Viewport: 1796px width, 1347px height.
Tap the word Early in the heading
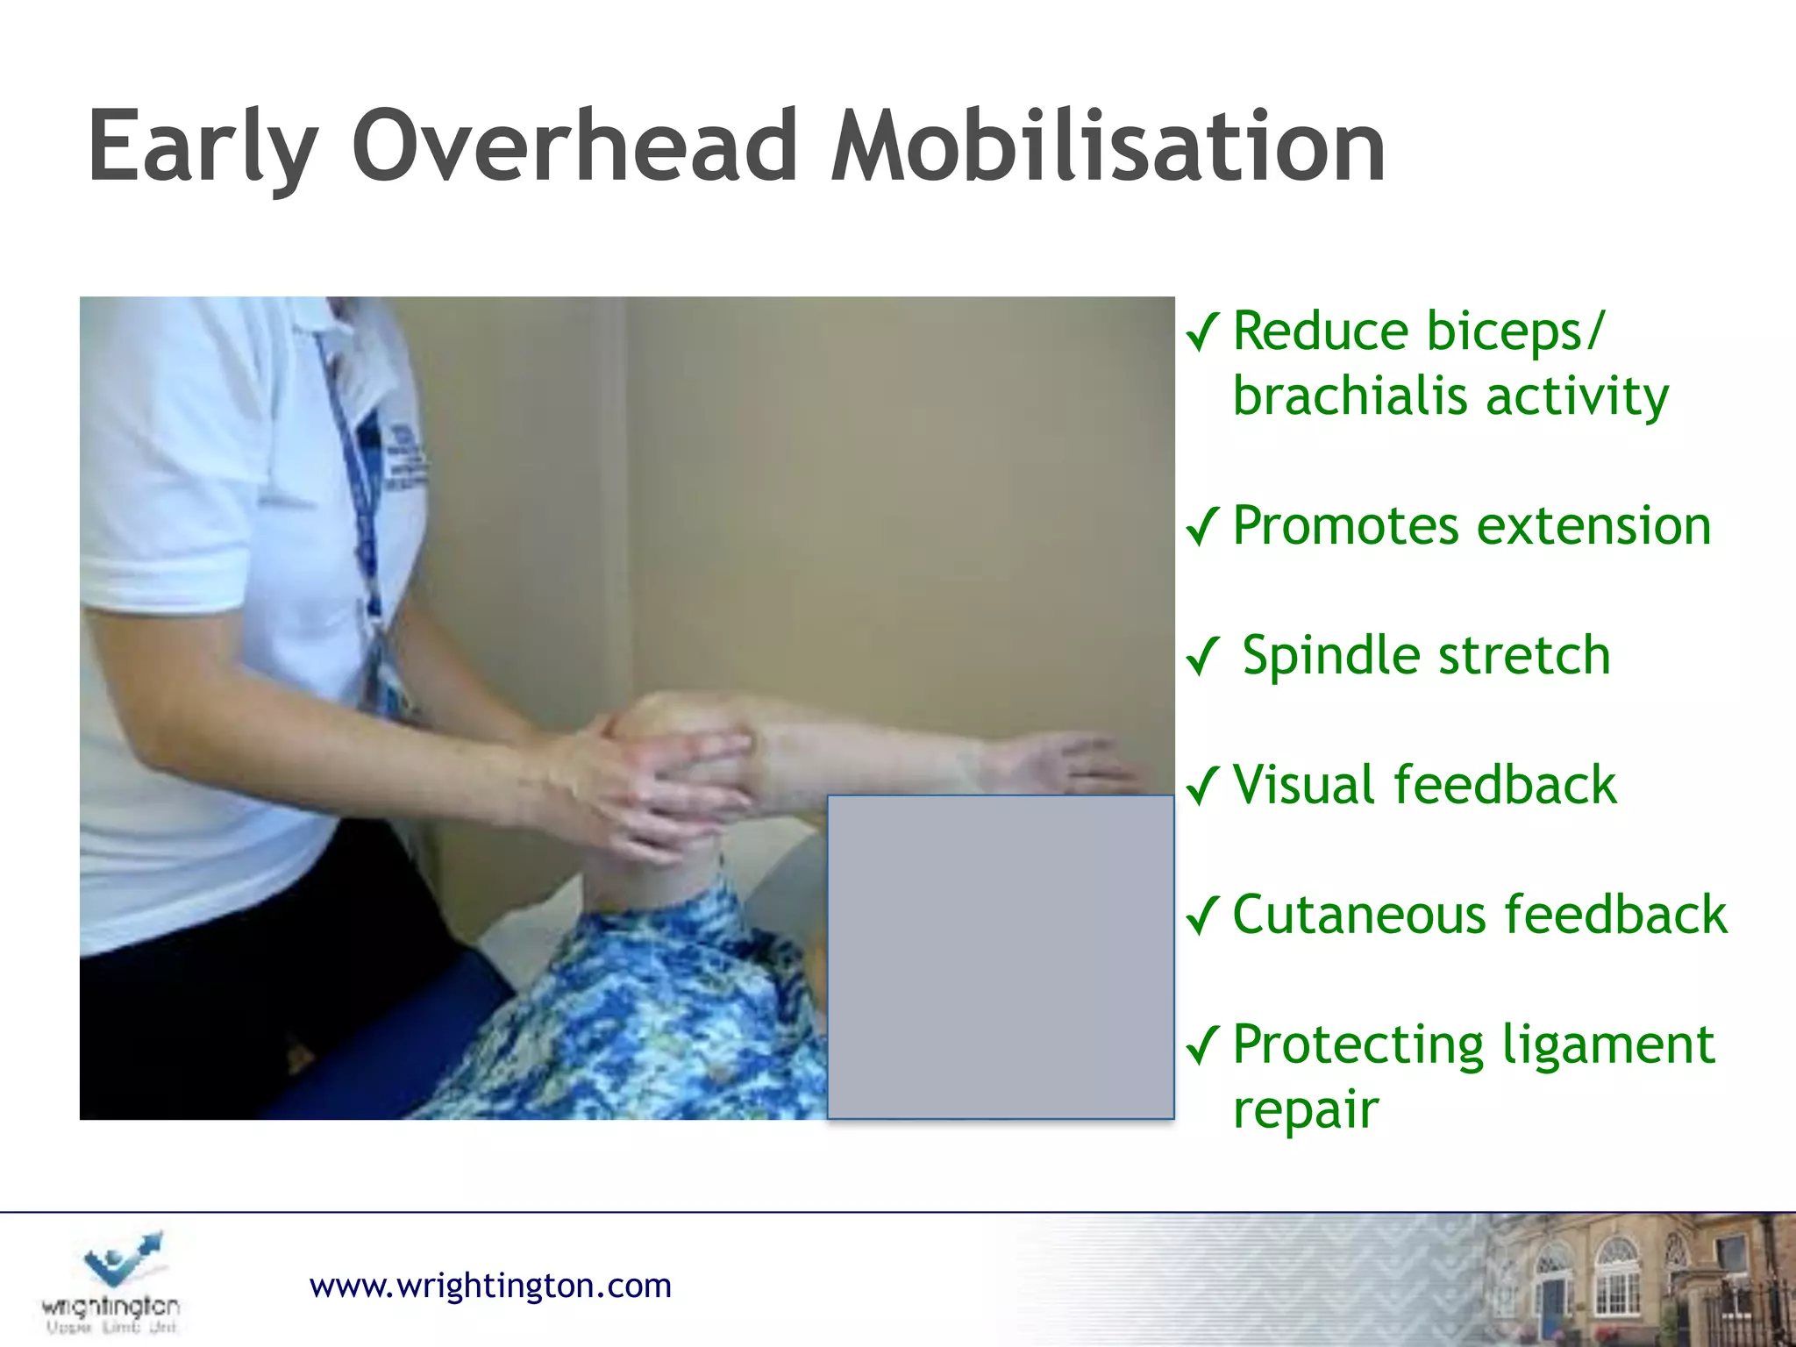203,146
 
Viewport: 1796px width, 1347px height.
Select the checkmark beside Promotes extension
1202,526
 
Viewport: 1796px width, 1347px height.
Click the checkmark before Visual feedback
1202,785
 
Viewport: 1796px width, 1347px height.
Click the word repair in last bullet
1305,1109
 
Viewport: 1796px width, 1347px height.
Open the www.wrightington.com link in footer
490,1286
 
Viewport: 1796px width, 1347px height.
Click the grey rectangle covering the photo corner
1001,957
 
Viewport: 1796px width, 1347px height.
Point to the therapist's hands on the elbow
666,780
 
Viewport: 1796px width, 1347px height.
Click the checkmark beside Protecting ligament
1202,1044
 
